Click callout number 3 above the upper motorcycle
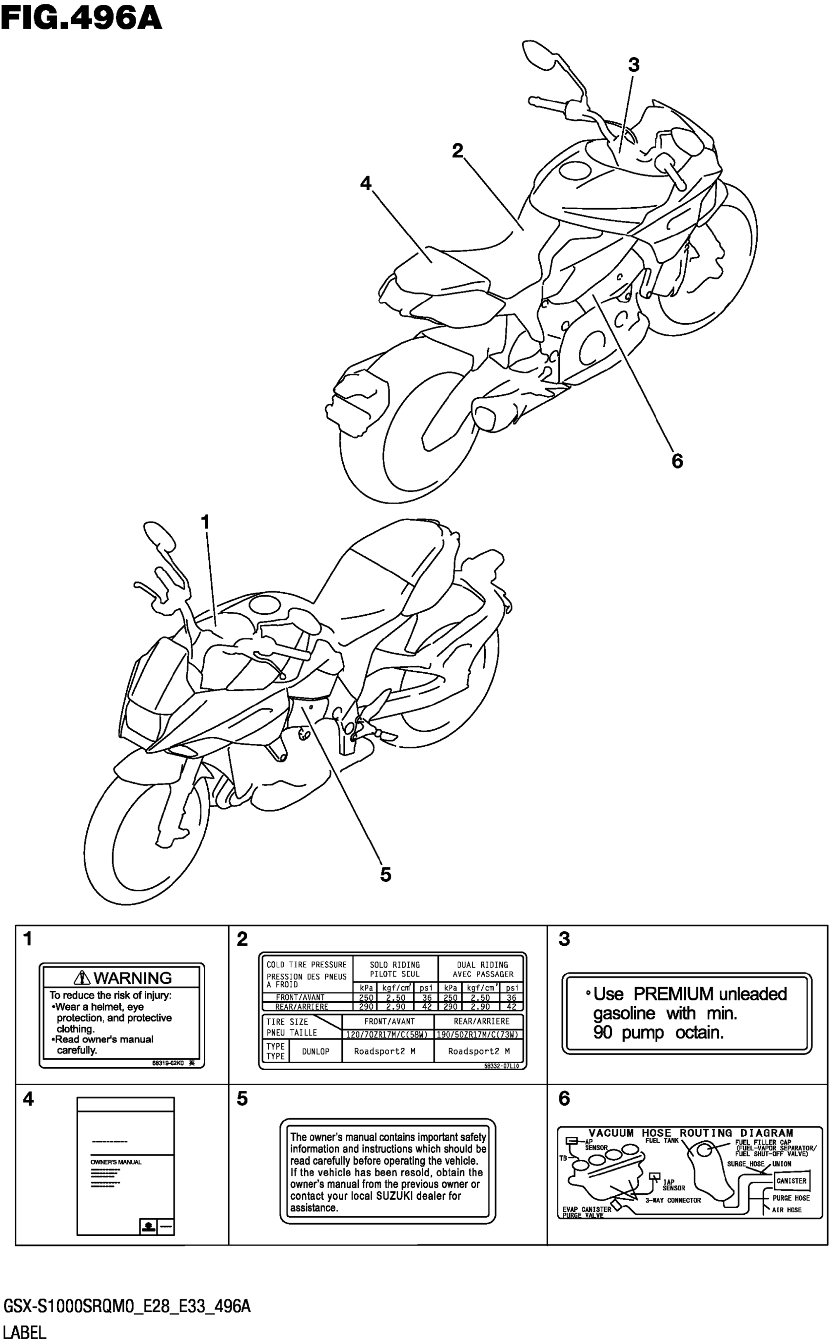click(633, 65)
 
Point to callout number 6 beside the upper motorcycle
click(677, 461)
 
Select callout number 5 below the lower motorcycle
click(385, 875)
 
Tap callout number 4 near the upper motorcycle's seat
click(366, 183)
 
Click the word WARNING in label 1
click(133, 978)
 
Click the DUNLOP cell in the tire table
click(316, 1051)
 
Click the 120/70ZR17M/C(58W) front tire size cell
click(387, 1034)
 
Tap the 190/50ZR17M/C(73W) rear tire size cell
click(478, 1034)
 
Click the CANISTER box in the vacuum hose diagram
click(791, 1181)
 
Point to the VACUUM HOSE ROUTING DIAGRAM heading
click(691, 1132)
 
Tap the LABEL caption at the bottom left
click(25, 1333)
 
